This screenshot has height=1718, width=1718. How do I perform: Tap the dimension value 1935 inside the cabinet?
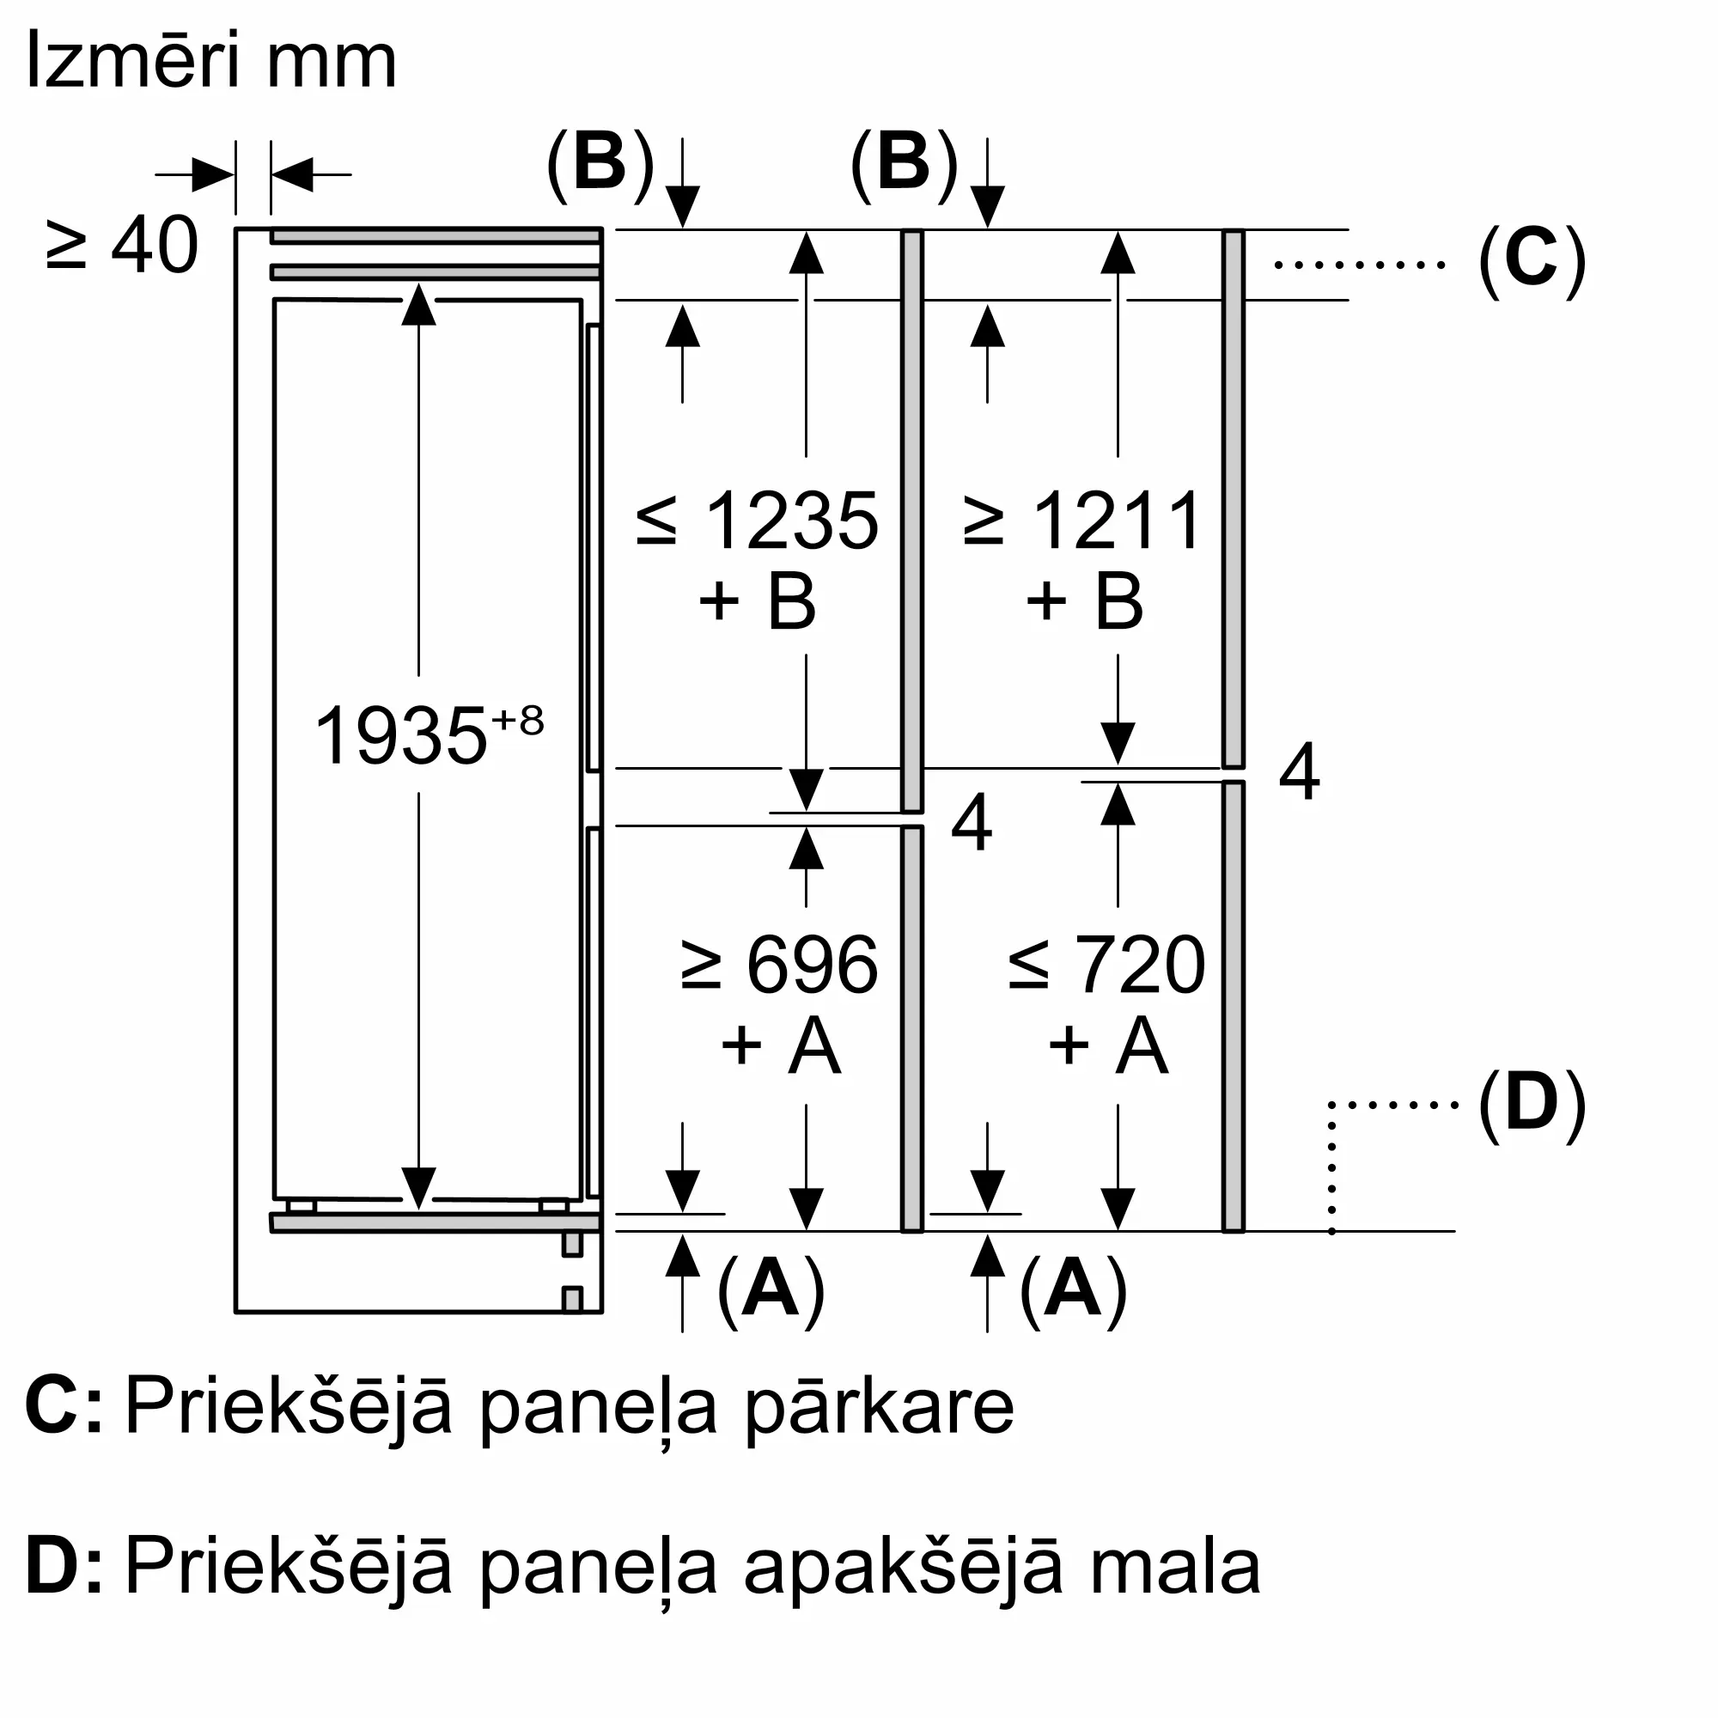(x=401, y=735)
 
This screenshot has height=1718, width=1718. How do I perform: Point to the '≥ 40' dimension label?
(x=122, y=245)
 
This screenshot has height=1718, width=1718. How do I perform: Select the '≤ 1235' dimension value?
(x=758, y=521)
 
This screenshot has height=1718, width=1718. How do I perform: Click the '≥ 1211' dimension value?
(x=1083, y=521)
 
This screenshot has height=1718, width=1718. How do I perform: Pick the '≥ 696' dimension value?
(x=780, y=965)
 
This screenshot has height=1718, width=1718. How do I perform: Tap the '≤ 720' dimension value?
(x=1107, y=965)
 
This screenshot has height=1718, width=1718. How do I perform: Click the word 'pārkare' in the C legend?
(x=879, y=1408)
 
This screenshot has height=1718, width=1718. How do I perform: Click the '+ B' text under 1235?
(x=758, y=601)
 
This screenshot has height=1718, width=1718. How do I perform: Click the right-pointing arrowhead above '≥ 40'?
(x=213, y=174)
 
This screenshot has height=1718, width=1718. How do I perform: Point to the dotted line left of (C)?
(x=1359, y=264)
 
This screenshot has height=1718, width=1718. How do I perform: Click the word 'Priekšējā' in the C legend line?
(x=288, y=1408)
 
